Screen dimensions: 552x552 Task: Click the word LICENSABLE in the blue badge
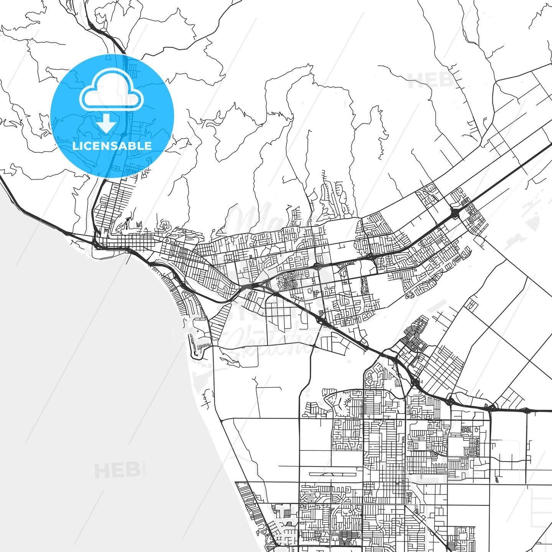coord(112,146)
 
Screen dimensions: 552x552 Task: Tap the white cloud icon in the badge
coord(111,94)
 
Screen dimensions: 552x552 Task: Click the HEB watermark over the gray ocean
coord(117,470)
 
